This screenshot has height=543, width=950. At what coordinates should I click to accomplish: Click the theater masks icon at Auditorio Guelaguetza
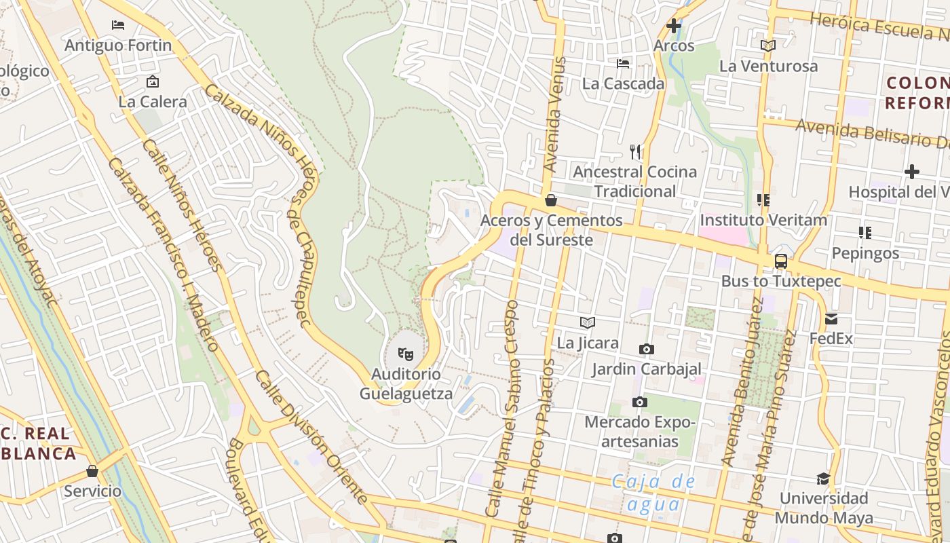pos(406,354)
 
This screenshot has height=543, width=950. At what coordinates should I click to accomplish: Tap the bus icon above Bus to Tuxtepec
pos(781,261)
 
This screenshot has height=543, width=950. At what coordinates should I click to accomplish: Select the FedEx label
pos(831,338)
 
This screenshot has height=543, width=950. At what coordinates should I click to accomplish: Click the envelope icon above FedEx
pos(831,319)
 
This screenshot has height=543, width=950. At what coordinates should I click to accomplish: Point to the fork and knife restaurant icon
pos(635,151)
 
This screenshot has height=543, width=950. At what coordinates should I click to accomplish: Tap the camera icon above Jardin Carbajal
pos(647,349)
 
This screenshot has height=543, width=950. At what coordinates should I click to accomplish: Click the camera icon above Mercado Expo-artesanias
pos(639,402)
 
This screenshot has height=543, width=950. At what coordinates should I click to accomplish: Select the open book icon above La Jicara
pos(588,323)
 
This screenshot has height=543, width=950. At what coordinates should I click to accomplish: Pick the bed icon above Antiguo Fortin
pos(118,25)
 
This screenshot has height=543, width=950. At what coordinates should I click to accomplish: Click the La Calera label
pos(153,102)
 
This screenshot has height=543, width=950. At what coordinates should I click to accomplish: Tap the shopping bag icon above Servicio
pos(92,470)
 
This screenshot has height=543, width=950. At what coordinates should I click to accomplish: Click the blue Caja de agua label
pos(653,493)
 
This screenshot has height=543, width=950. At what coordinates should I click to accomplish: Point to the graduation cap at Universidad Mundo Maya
pos(823,479)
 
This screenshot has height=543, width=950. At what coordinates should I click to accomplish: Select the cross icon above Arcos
pos(674,26)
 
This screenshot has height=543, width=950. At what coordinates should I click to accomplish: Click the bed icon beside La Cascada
pos(623,64)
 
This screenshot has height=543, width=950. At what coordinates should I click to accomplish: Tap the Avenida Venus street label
pos(554,115)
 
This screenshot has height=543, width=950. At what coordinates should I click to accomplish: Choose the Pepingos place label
pos(865,253)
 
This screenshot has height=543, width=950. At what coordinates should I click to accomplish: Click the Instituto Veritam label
pos(763,220)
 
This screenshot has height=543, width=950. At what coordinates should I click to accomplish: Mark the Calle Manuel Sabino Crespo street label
pos(503,407)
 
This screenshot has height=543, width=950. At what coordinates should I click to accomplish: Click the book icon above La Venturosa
pos(768,46)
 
